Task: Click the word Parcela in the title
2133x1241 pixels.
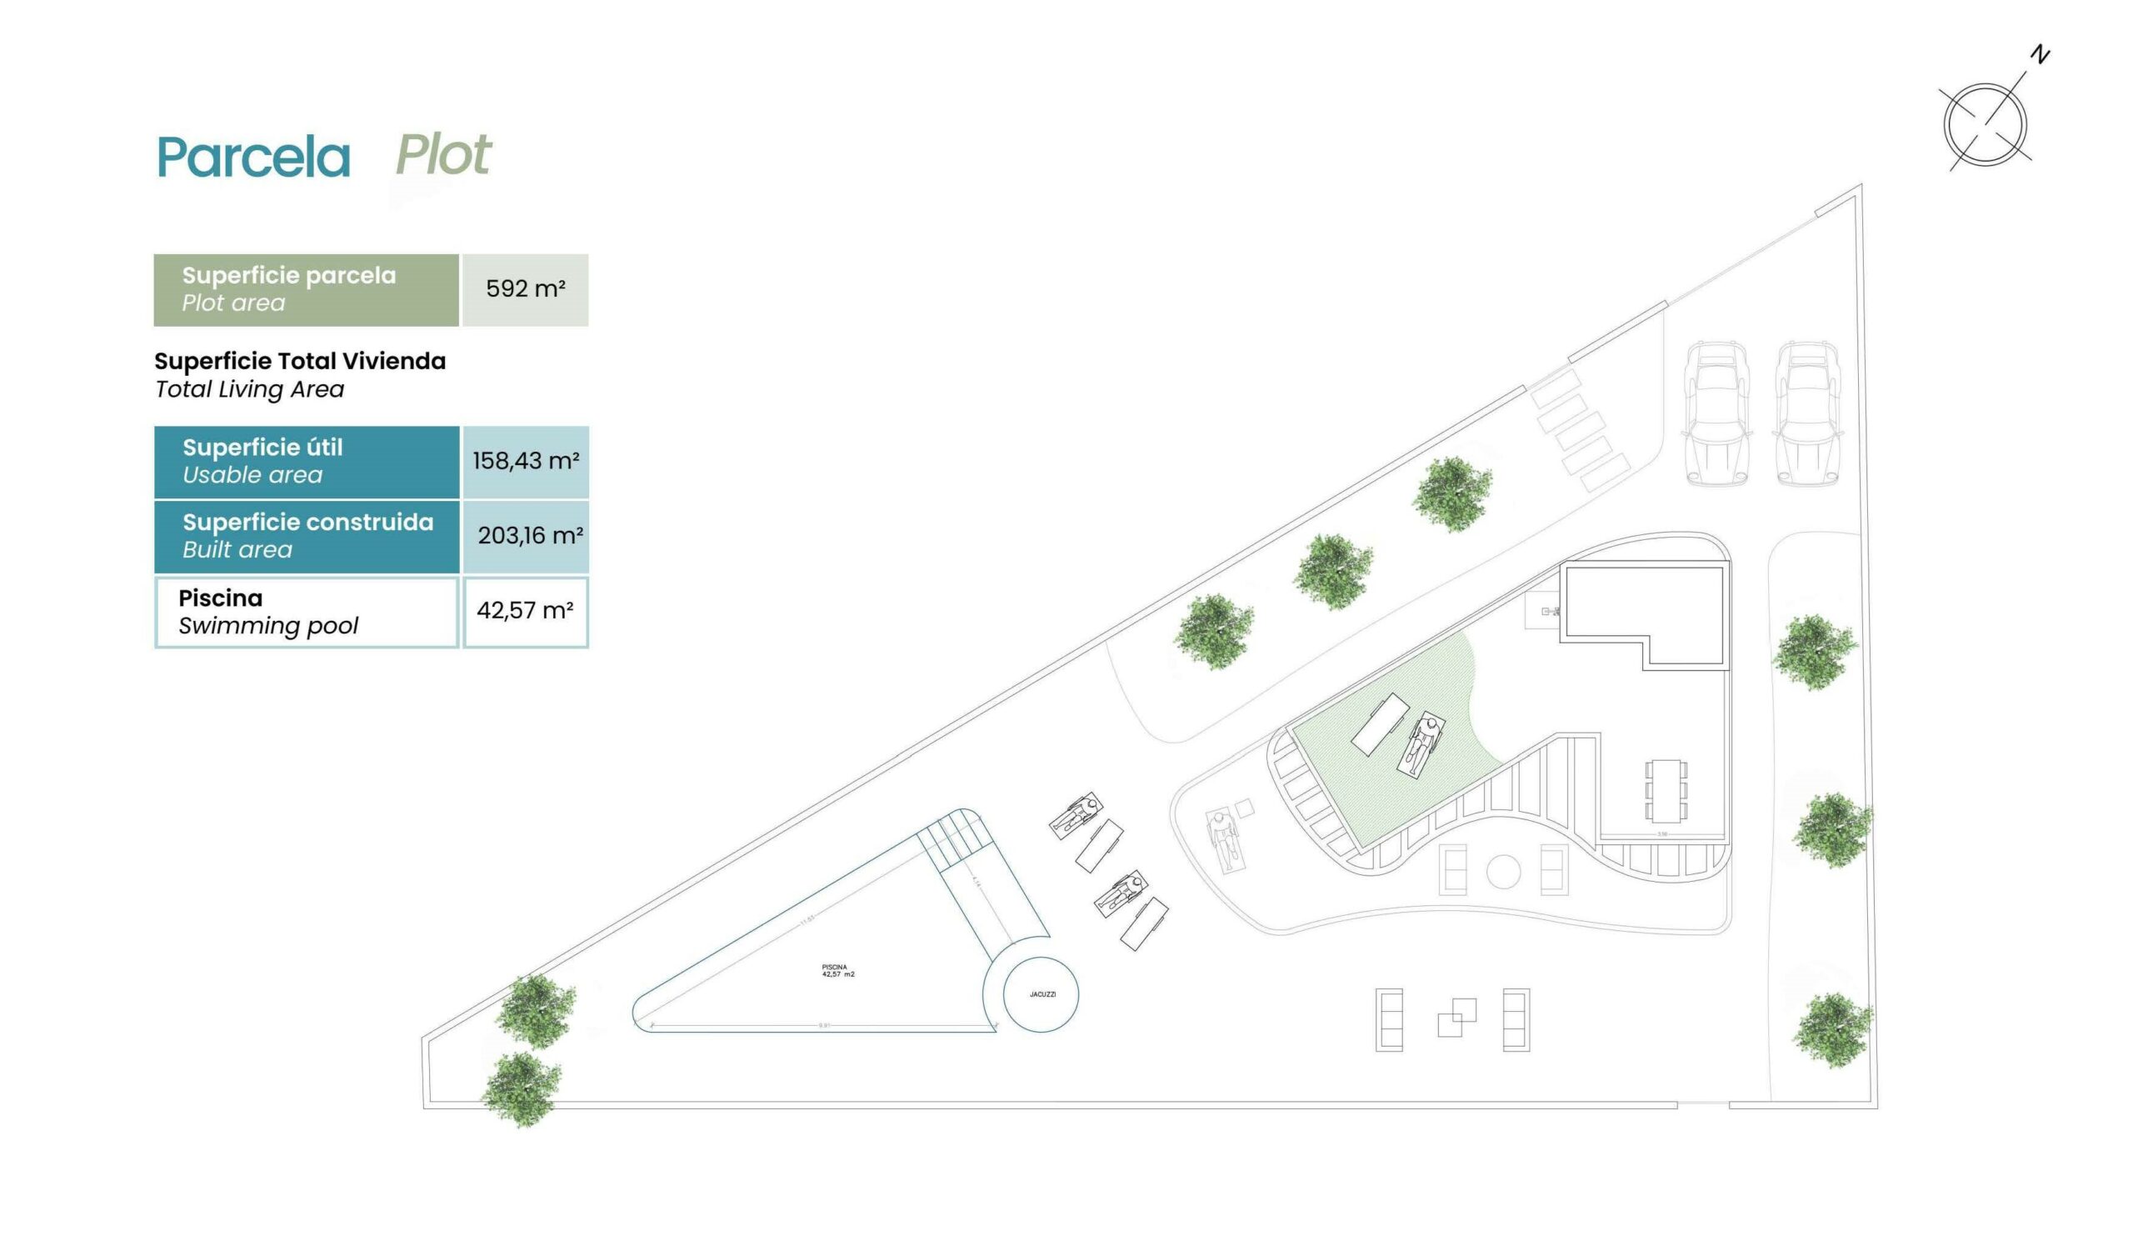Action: point(253,157)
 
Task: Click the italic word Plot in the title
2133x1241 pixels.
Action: point(442,155)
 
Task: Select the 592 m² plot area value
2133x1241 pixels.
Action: point(525,289)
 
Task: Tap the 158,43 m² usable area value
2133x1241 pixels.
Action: point(526,462)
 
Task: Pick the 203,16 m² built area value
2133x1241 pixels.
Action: point(529,536)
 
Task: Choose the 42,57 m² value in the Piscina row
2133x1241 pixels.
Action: point(525,611)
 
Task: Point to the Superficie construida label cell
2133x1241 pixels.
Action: point(307,536)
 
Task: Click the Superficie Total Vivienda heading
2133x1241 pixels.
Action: point(300,362)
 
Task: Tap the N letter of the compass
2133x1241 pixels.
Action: point(2040,55)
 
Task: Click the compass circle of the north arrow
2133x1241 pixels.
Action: point(1985,124)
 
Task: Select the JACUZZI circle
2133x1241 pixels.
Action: point(1042,993)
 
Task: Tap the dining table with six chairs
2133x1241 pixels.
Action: point(1666,791)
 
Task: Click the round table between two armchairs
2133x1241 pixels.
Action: point(1503,872)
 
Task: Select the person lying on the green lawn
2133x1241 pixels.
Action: point(1422,744)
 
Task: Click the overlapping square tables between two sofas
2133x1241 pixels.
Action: point(1456,1018)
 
